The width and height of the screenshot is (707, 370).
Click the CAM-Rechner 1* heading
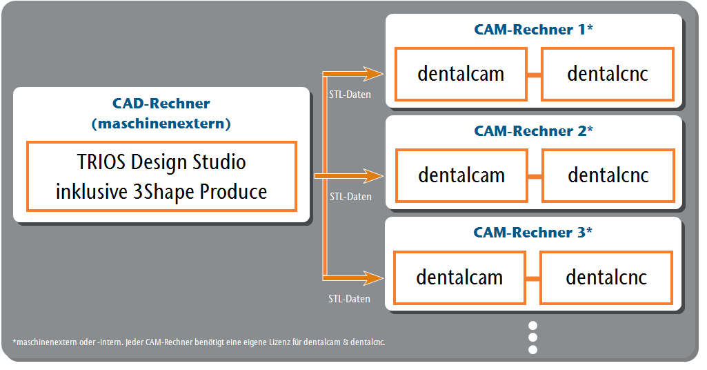(x=533, y=29)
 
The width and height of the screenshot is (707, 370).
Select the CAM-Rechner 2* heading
(x=533, y=131)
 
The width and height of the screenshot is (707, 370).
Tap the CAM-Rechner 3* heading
(x=532, y=233)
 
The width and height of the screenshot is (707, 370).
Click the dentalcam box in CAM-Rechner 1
(x=461, y=74)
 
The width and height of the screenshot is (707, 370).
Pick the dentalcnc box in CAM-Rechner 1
(x=608, y=74)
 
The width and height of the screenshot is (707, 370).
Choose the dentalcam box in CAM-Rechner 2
(x=461, y=175)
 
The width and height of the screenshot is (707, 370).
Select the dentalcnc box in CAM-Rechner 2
(x=608, y=175)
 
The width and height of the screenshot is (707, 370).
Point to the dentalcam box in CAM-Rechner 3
(x=459, y=277)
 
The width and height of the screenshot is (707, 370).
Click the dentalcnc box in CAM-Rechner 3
(x=606, y=277)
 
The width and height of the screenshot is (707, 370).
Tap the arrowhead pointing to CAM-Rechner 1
(x=374, y=74)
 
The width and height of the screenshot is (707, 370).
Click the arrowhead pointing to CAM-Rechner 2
(x=374, y=175)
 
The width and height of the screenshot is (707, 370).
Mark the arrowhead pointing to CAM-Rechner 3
(x=374, y=277)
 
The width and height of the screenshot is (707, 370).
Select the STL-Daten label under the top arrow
(x=350, y=95)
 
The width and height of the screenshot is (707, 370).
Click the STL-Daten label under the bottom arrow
(x=349, y=299)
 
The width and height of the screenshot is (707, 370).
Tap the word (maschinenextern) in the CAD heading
(x=161, y=123)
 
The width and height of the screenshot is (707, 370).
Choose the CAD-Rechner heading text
(x=161, y=104)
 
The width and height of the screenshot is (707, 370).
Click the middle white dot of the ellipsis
(x=532, y=338)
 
